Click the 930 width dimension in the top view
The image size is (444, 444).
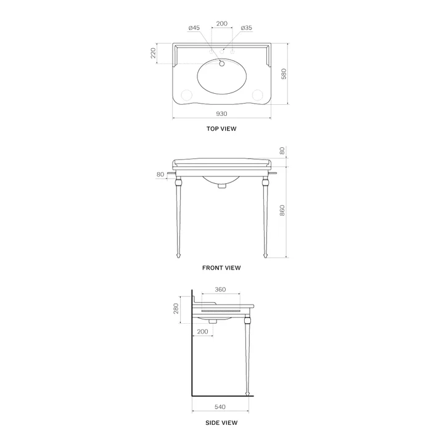(221, 114)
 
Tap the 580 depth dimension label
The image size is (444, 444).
(284, 73)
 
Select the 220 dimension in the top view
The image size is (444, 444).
(153, 53)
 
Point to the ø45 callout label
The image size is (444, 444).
(194, 28)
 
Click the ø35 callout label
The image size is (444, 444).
(246, 28)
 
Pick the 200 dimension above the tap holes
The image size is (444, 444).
(222, 23)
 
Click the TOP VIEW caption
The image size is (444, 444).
(221, 128)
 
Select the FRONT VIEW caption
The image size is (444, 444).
(221, 268)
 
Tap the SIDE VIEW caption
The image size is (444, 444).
(221, 423)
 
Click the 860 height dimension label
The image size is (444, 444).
(282, 210)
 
